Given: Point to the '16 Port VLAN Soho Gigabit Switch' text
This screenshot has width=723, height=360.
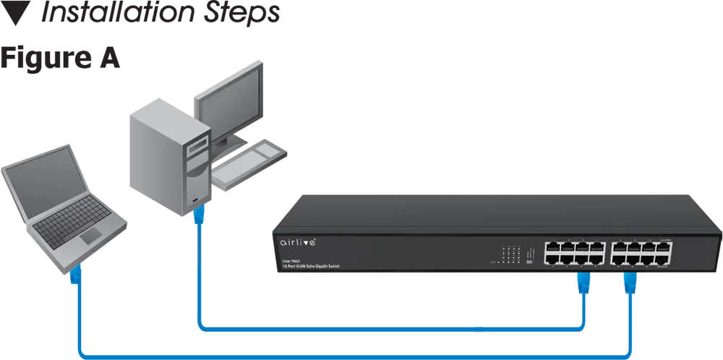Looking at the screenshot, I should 311,267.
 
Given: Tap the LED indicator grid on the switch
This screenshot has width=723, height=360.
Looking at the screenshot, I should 511,254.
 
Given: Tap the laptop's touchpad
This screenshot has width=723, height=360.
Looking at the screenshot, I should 91,236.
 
